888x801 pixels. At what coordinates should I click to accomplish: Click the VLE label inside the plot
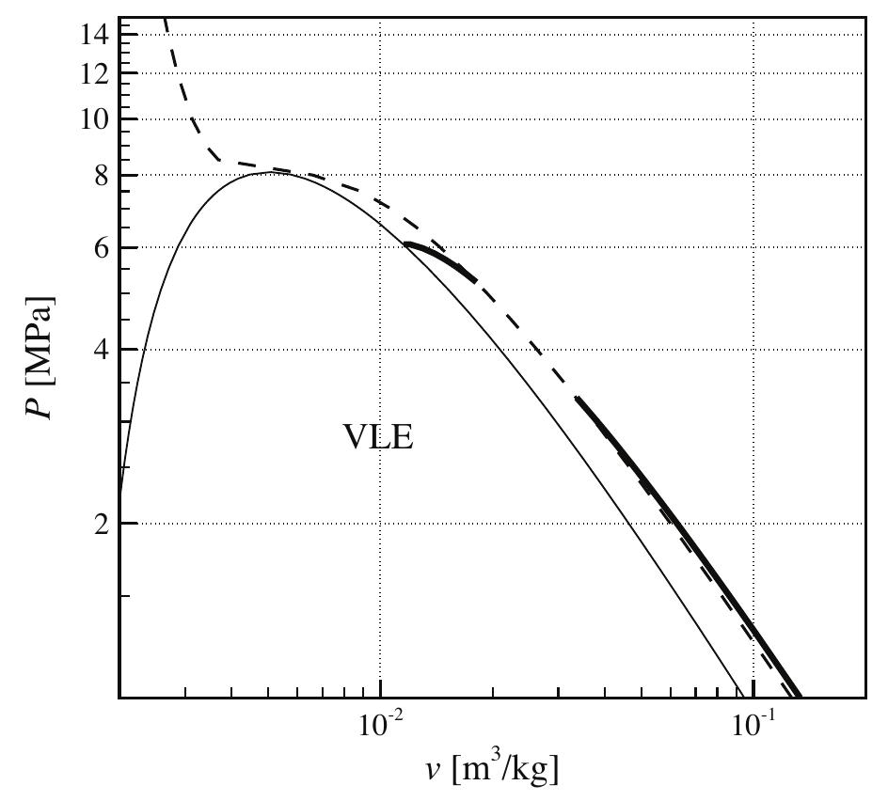pyautogui.click(x=377, y=438)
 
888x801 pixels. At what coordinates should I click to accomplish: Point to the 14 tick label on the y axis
pyautogui.click(x=99, y=35)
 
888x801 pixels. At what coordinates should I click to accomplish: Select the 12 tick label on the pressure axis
pyautogui.click(x=99, y=73)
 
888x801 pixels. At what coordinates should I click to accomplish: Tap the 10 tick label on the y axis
pyautogui.click(x=99, y=119)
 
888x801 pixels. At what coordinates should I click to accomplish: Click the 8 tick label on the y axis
pyautogui.click(x=104, y=176)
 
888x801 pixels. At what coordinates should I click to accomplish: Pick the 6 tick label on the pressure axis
pyautogui.click(x=104, y=248)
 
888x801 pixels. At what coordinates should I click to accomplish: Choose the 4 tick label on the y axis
pyautogui.click(x=104, y=350)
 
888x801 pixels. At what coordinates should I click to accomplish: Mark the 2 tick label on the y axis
pyautogui.click(x=104, y=524)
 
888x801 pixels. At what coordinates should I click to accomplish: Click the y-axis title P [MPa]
pyautogui.click(x=40, y=360)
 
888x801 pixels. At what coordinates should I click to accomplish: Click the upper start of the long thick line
pyautogui.click(x=577, y=399)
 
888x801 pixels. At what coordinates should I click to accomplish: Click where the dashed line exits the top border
pyautogui.click(x=165, y=18)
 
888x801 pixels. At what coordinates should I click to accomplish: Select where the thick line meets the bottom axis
pyautogui.click(x=799, y=697)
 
